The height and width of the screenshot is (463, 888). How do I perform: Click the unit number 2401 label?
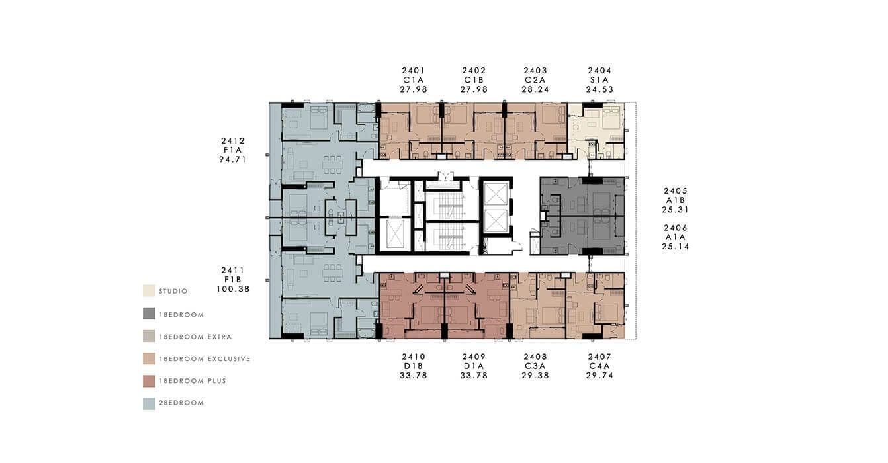(x=413, y=71)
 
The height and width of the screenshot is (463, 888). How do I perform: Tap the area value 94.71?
(x=233, y=159)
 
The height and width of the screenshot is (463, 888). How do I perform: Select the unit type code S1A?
(x=599, y=80)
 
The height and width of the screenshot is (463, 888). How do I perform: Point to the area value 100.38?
(x=233, y=290)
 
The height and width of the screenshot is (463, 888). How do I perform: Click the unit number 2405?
(x=676, y=191)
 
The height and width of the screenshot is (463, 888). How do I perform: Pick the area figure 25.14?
(x=676, y=247)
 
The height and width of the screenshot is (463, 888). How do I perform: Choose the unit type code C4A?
(x=599, y=366)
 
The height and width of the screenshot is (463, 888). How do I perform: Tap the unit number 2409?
(x=474, y=357)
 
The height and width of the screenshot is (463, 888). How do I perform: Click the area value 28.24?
(x=535, y=89)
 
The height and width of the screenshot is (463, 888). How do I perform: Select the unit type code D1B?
(x=413, y=366)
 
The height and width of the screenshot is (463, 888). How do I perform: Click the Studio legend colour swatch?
(x=149, y=291)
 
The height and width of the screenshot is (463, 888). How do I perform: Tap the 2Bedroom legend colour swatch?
(x=149, y=403)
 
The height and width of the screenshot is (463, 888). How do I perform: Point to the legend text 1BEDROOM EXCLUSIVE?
(x=204, y=359)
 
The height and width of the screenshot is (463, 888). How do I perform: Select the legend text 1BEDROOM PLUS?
(x=193, y=381)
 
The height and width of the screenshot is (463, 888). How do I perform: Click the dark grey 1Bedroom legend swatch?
(x=149, y=314)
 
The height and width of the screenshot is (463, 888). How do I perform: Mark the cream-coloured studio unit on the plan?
(x=596, y=131)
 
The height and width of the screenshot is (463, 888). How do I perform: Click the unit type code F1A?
(x=233, y=150)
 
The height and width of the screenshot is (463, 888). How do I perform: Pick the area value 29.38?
(x=535, y=376)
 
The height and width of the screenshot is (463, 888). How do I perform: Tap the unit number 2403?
(x=535, y=71)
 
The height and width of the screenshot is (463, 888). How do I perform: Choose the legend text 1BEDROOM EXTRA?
(x=195, y=337)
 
